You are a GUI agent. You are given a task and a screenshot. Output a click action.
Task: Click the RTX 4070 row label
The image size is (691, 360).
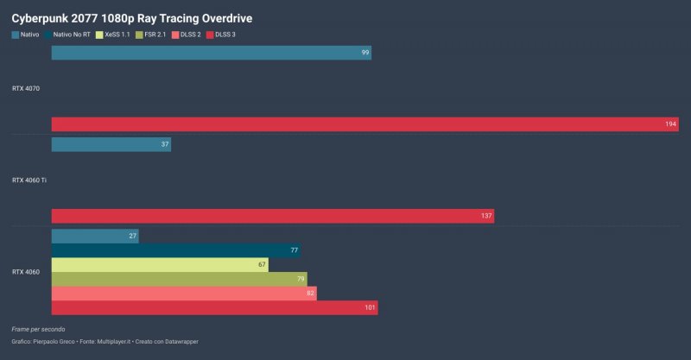(26, 88)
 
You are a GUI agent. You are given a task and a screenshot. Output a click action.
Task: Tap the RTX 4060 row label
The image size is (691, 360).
(26, 271)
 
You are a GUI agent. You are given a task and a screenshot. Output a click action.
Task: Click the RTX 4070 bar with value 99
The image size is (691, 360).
(211, 53)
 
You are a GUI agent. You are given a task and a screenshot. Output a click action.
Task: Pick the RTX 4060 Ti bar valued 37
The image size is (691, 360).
(111, 144)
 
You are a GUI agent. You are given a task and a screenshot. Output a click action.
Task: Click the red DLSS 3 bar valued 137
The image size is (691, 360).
(272, 216)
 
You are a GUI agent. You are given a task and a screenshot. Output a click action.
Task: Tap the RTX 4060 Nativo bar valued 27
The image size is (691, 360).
(95, 236)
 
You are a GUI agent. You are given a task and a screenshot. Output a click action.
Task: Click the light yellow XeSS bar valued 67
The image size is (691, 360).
(160, 264)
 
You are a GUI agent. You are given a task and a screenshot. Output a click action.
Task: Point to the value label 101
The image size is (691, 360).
(369, 307)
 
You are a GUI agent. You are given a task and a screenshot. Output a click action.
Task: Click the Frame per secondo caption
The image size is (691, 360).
(38, 329)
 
